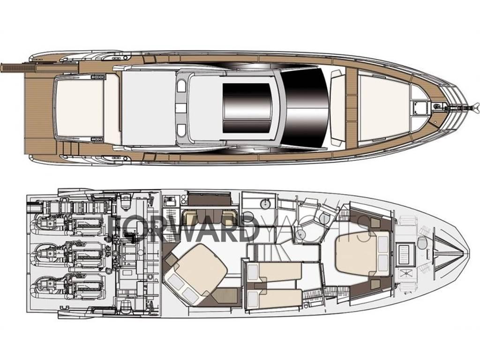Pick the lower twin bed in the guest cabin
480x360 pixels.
[x=277, y=298]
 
